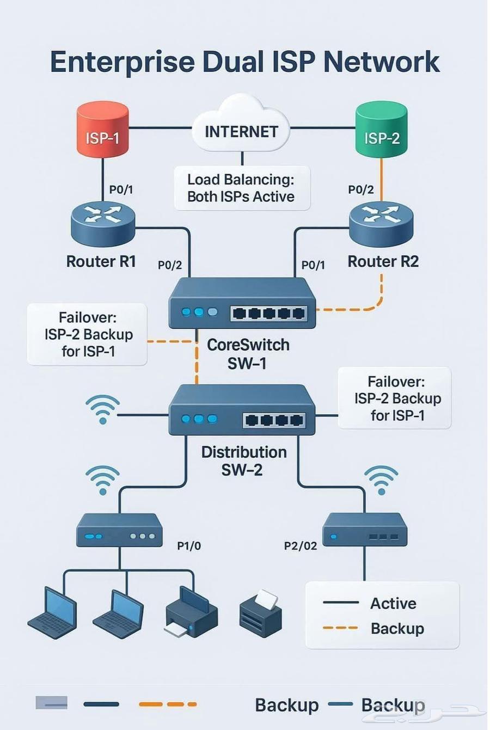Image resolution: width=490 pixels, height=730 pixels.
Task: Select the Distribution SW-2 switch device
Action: pos(242,410)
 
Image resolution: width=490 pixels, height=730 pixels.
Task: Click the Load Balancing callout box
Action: pos(242,188)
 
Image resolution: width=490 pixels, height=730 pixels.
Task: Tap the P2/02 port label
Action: pos(301,545)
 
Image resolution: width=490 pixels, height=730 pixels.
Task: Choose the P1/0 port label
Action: pos(189,545)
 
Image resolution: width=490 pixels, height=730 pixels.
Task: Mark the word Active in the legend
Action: pos(393,603)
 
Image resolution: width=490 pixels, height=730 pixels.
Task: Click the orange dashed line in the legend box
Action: pos(340,628)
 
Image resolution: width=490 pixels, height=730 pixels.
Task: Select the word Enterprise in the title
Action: pos(122,62)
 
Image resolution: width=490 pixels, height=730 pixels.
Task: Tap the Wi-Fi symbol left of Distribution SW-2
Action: pos(102,409)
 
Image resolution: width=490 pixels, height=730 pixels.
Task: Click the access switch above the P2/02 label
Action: pos(365,529)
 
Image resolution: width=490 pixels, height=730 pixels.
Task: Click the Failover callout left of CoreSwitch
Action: pos(87,334)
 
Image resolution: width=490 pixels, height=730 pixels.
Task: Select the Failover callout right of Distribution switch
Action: pos(395,398)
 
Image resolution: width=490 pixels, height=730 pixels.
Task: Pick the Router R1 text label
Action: pos(101,261)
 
